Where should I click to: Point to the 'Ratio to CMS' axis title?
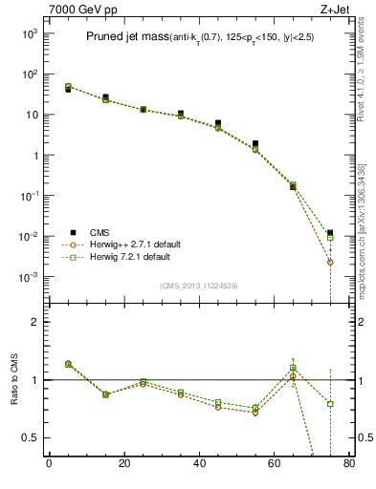14,380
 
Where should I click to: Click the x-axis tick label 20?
123,465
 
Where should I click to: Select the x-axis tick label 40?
199,465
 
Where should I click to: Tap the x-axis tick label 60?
274,465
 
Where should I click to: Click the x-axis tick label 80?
348,465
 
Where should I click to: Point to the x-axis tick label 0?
49,465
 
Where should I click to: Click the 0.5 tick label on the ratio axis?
33,437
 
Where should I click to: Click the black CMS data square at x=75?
330,233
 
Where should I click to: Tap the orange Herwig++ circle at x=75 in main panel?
330,262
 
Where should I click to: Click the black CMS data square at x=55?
255,143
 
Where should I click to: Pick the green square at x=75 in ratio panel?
330,404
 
